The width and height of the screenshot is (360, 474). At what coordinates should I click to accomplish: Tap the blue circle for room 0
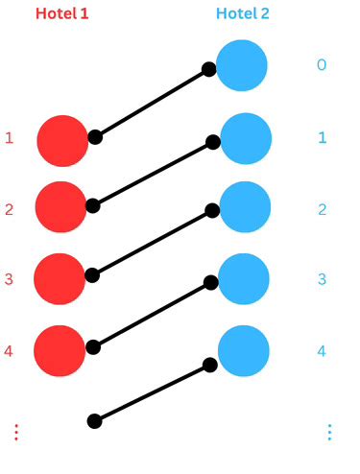[x=242, y=65]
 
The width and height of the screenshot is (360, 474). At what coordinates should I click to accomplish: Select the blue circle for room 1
[x=246, y=137]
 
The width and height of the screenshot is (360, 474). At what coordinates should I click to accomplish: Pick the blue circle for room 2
[x=246, y=208]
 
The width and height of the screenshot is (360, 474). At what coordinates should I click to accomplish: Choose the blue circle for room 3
[x=246, y=279]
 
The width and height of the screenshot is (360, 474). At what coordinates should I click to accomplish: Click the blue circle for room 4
[x=246, y=350]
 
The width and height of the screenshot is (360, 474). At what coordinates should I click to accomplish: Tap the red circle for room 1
[x=63, y=140]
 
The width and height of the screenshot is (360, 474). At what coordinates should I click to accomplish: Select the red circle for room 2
[x=61, y=208]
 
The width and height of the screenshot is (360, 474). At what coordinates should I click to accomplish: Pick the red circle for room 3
[x=60, y=279]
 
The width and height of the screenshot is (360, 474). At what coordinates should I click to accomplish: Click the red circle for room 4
[x=60, y=350]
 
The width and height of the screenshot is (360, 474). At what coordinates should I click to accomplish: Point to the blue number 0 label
[x=323, y=65]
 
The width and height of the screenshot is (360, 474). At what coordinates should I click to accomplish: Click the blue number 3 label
[x=323, y=279]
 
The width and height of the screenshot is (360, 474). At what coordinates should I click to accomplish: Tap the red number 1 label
[x=10, y=138]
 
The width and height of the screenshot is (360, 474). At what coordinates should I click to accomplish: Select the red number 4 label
[x=9, y=351]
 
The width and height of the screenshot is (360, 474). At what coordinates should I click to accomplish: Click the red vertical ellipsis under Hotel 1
[x=15, y=432]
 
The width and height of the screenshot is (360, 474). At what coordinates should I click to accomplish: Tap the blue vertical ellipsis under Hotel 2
[x=329, y=432]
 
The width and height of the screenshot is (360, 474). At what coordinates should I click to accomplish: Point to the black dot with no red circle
[x=94, y=420]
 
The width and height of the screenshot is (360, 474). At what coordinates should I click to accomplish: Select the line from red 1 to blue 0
[x=152, y=103]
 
